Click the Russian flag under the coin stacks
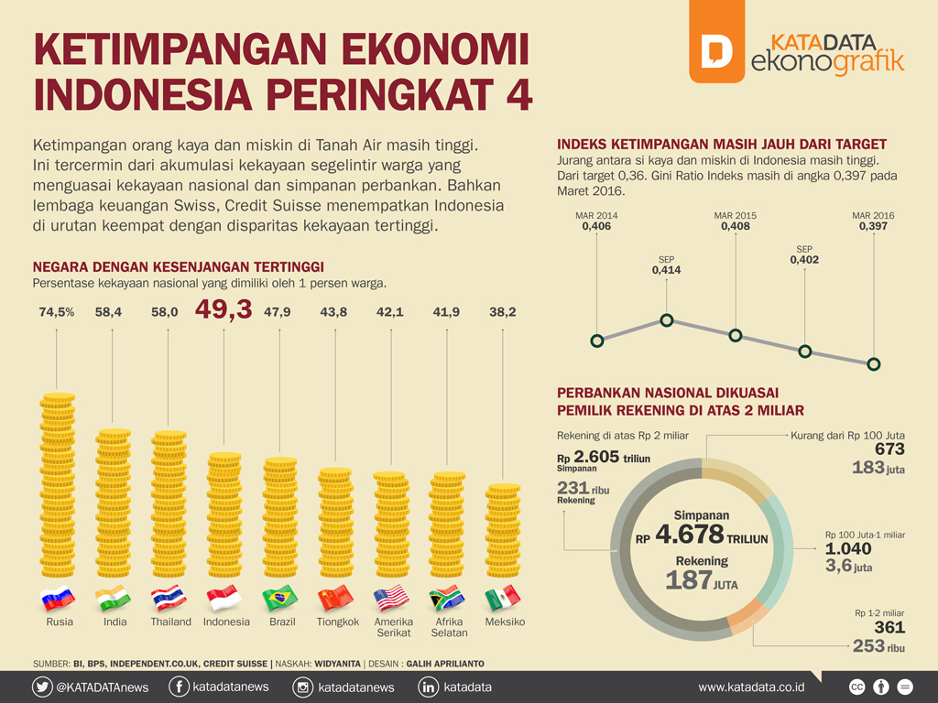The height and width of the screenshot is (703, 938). point(57,599)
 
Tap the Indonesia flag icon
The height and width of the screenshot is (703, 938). point(224,599)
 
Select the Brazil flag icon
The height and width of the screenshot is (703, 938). point(280,599)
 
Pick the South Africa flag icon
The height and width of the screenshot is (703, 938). point(447,599)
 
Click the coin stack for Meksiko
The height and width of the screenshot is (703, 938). point(503,531)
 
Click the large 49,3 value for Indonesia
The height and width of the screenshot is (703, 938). point(224,311)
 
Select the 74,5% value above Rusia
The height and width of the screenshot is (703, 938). point(57,312)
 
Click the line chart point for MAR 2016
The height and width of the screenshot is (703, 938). point(874,364)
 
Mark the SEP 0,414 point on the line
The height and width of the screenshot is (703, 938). point(667,320)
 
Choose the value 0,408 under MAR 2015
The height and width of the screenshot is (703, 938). point(736,226)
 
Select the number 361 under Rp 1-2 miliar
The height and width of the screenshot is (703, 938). point(889,628)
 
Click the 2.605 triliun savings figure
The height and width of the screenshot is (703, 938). point(596,457)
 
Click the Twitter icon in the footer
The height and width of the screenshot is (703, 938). point(42,687)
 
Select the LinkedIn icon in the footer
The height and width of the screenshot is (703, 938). point(428,687)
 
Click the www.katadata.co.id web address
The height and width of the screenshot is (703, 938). point(751,687)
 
